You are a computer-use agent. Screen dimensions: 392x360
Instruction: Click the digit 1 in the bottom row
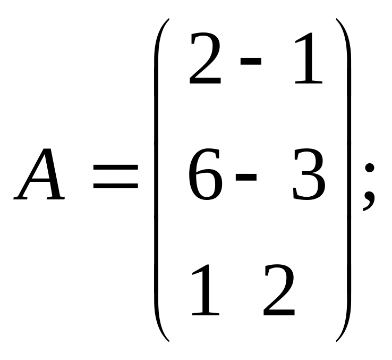[204, 291]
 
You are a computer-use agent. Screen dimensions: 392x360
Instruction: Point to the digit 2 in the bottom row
[279, 291]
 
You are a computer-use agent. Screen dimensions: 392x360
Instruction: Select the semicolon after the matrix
[369, 186]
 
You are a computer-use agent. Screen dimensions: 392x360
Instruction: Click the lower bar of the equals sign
[115, 187]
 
